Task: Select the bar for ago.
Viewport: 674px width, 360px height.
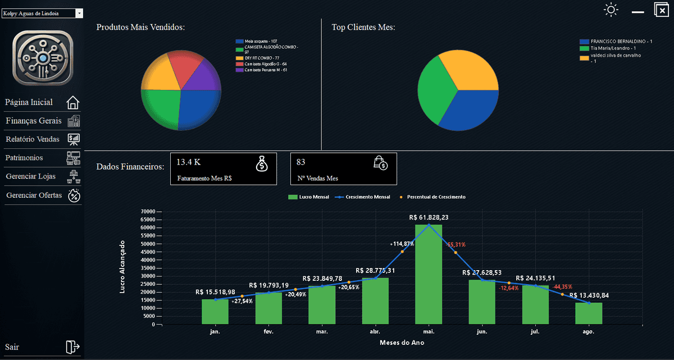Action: (588, 313)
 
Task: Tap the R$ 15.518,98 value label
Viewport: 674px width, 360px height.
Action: (215, 292)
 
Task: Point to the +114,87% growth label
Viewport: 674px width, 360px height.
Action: (402, 244)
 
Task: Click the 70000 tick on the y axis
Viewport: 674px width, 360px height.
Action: (147, 212)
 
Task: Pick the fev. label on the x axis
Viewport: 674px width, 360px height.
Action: (268, 332)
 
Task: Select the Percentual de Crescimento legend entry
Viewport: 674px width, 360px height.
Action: (433, 197)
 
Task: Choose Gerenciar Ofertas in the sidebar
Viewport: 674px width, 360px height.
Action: (34, 195)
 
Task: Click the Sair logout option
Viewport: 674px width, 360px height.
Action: (12, 347)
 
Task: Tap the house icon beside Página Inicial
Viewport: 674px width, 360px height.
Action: (73, 103)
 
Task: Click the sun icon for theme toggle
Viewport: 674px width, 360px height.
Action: (611, 10)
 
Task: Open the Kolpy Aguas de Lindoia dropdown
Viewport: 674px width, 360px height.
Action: (42, 12)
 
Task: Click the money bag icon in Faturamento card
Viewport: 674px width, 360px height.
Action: (262, 163)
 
